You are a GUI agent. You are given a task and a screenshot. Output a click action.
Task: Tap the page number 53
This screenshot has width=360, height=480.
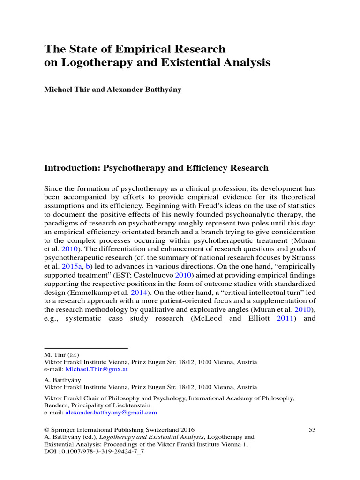312,429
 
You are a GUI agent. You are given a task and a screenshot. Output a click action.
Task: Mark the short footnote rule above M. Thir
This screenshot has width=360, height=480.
86,348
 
